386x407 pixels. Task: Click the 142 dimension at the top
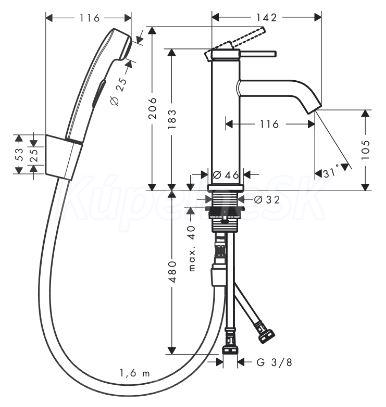267,17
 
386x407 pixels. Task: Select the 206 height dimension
153,108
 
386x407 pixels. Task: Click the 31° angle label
331,173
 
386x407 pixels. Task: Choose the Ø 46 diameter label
226,174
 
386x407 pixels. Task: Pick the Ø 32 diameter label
266,199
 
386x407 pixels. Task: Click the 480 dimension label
173,272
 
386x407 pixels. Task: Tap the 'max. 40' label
192,248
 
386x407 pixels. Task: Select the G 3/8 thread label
275,362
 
